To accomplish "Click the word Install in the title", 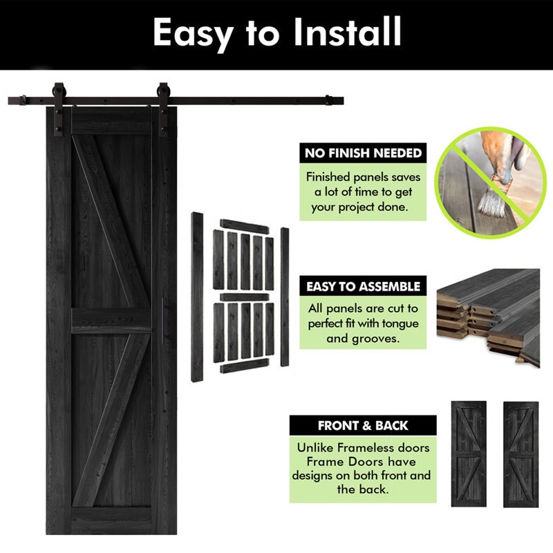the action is [x=348, y=32].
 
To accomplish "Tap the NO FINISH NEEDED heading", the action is [x=363, y=153].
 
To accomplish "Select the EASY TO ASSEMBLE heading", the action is [x=363, y=286].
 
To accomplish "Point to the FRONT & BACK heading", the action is [x=363, y=425].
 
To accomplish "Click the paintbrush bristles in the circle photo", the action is [x=490, y=202].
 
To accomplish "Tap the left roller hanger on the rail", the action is [x=58, y=109].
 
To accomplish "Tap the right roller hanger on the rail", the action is [x=163, y=109].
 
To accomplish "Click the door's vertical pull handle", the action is [x=162, y=321].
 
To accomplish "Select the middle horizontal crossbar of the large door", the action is [x=111, y=321].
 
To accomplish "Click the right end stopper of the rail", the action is [x=328, y=100].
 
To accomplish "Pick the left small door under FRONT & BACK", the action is [x=469, y=454].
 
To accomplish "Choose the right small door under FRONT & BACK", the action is [x=521, y=454].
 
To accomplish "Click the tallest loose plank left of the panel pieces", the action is [x=197, y=297].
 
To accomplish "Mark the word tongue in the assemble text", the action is [x=400, y=324].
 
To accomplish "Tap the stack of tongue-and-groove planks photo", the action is [x=488, y=318].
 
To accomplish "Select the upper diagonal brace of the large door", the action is [x=111, y=221].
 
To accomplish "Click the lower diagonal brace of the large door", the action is [x=111, y=420].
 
